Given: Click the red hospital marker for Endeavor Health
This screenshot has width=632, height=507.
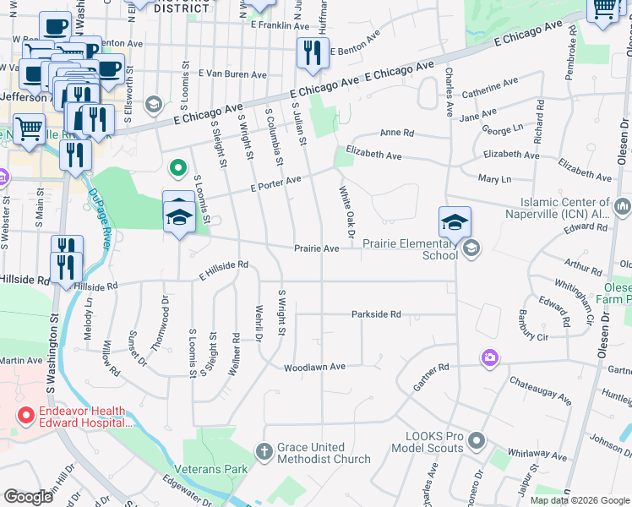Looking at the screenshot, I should coord(26,416).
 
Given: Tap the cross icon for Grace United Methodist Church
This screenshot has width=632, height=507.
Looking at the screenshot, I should coord(264,451).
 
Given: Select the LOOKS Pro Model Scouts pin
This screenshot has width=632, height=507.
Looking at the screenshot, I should coord(477,441).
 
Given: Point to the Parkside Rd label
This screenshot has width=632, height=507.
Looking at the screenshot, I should coord(376,314).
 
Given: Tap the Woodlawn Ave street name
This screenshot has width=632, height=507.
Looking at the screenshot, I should coord(315,368).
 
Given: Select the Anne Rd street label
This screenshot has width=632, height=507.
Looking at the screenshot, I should coord(396,134).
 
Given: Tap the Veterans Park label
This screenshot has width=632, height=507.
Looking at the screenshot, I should coord(210,468).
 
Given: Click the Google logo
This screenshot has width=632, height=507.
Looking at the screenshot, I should coord(28,496).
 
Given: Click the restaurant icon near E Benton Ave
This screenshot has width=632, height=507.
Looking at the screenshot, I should coord(313,52).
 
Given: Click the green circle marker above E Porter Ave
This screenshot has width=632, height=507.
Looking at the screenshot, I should coord(177,167).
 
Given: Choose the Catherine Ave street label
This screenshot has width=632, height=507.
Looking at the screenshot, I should coord(489,87).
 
